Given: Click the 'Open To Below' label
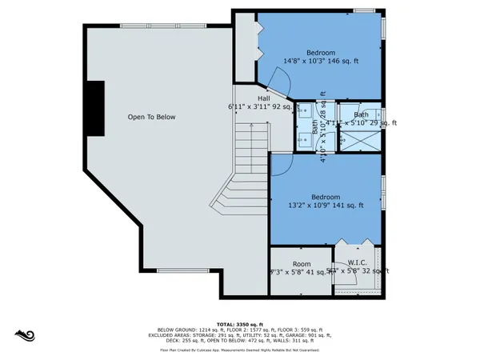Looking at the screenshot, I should coord(151,117).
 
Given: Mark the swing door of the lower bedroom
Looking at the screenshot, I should coord(280,165).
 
